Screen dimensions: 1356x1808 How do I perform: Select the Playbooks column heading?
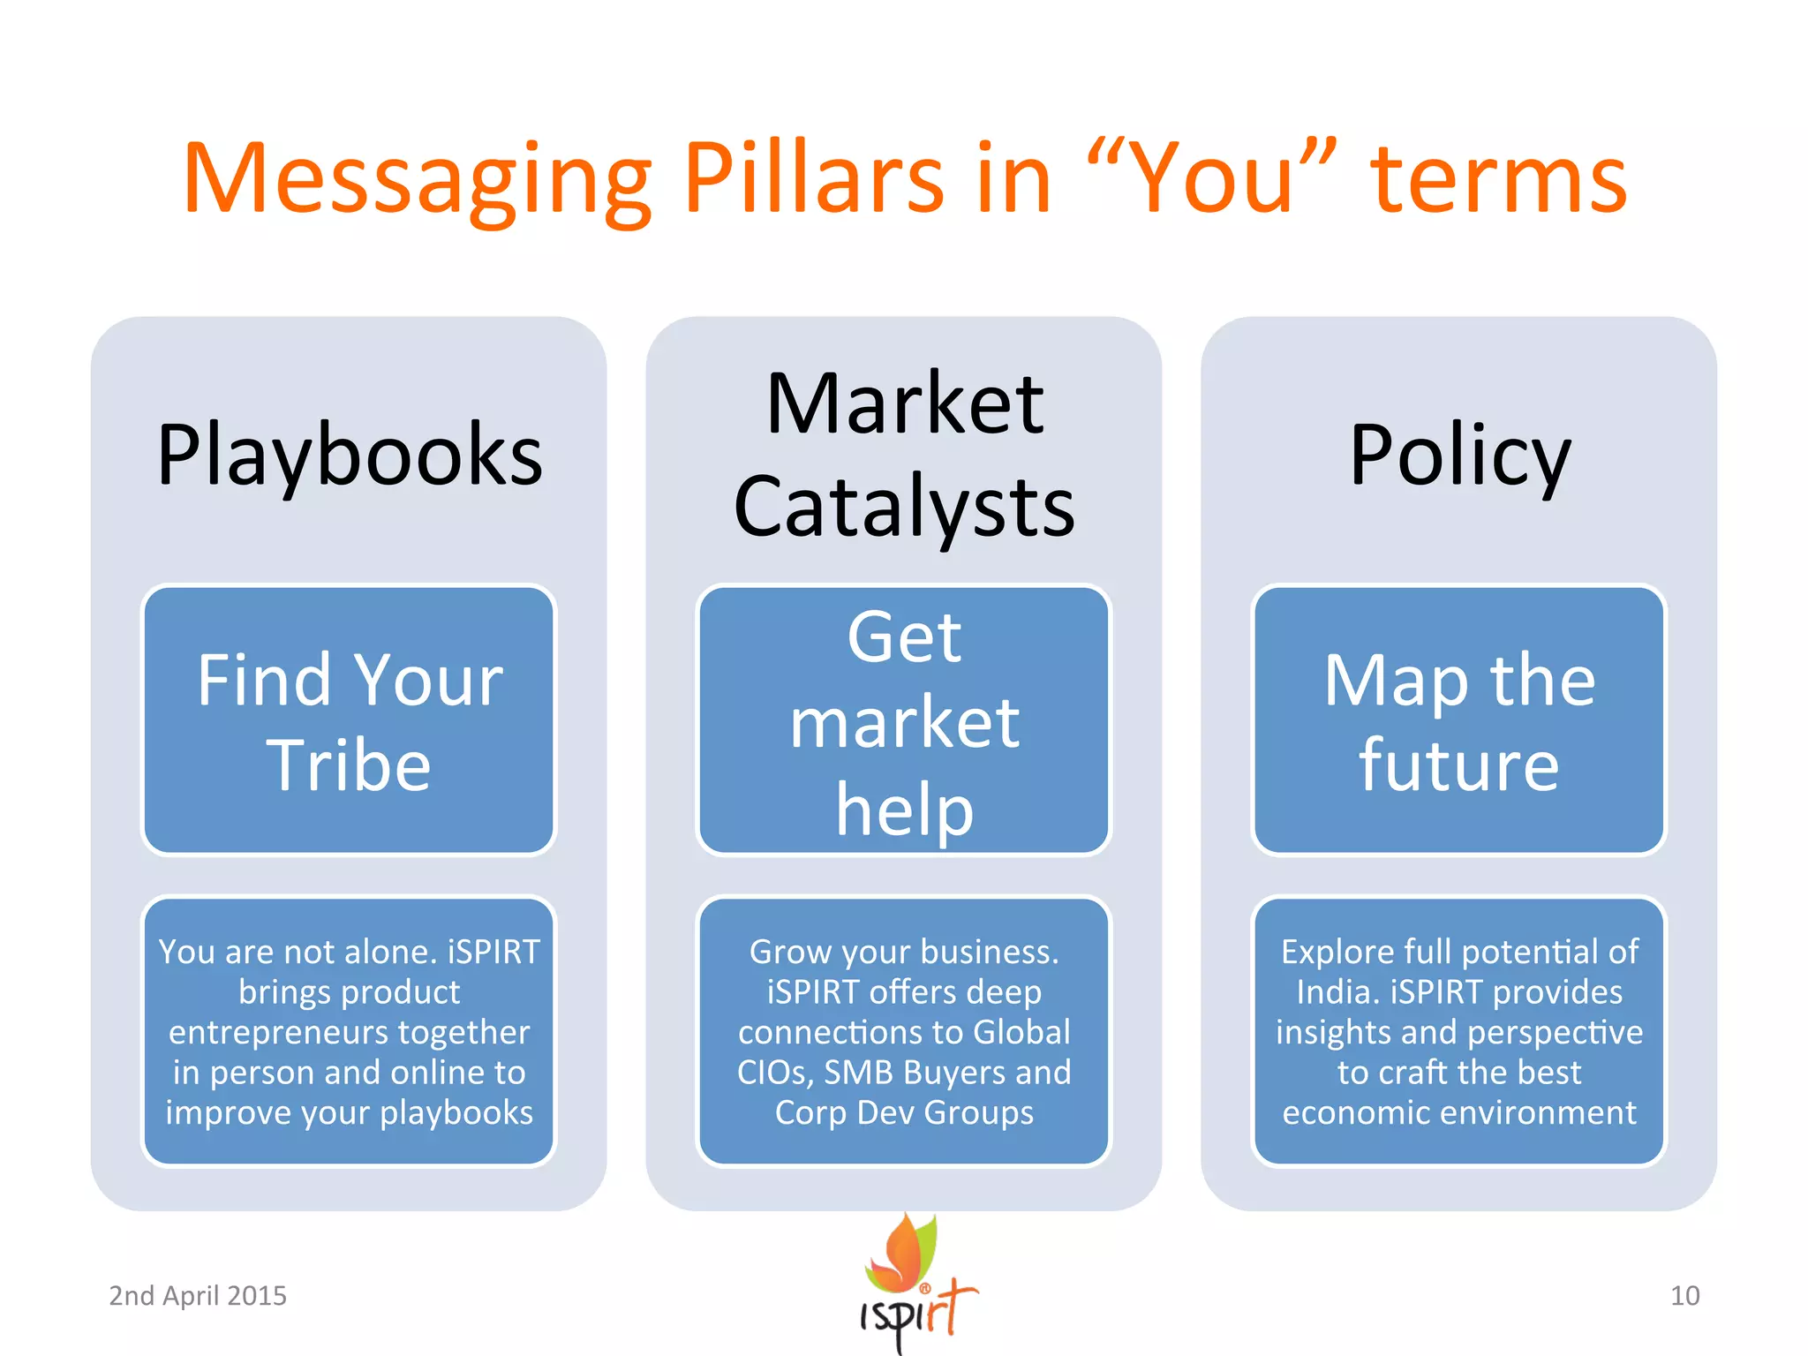click(350, 456)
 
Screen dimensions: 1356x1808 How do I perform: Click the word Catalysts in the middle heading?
click(904, 507)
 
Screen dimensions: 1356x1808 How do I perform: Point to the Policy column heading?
click(1459, 456)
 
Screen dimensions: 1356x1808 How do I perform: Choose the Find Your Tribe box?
click(350, 720)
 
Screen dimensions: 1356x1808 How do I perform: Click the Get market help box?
click(904, 720)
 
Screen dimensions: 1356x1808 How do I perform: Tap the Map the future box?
click(1459, 720)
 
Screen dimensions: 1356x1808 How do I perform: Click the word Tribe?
click(350, 765)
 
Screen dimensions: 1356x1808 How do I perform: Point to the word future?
click(1459, 765)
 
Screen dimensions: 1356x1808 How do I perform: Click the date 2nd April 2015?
click(198, 1295)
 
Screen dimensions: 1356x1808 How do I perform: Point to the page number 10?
click(1684, 1295)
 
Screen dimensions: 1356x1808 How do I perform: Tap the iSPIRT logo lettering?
click(918, 1315)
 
